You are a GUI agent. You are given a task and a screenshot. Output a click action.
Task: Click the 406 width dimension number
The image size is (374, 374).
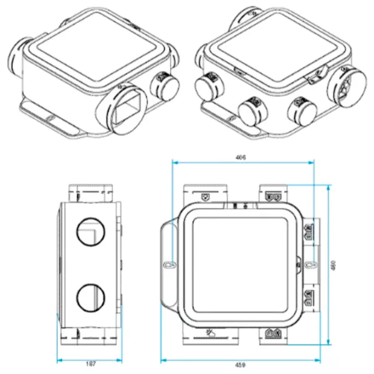pyautogui.click(x=241, y=158)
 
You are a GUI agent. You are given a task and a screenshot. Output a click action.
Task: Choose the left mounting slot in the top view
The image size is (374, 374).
pyautogui.click(x=166, y=265)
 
